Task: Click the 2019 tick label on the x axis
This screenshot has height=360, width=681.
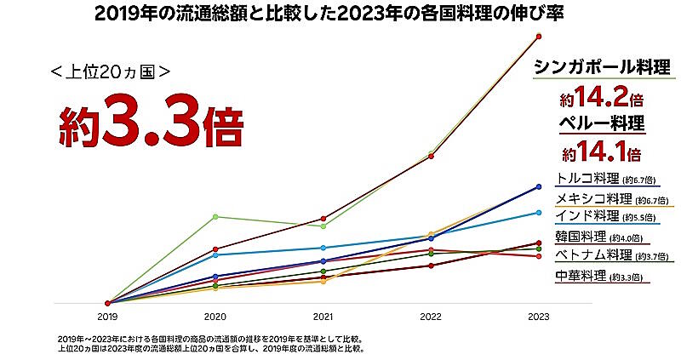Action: pyautogui.click(x=107, y=317)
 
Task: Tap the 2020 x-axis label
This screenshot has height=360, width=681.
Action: pyautogui.click(x=215, y=317)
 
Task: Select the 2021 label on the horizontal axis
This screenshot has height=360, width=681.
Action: pyautogui.click(x=323, y=317)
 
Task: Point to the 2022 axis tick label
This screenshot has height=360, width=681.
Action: pyautogui.click(x=431, y=317)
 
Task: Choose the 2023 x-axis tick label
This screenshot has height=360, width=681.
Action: pyautogui.click(x=539, y=317)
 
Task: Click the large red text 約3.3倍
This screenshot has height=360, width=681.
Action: pyautogui.click(x=151, y=126)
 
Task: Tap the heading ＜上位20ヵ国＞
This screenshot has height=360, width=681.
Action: pyautogui.click(x=111, y=72)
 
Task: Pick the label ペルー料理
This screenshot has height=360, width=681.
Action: pyautogui.click(x=601, y=123)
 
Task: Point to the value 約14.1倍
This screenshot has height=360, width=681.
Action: pyautogui.click(x=600, y=153)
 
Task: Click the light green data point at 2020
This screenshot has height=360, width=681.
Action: pyautogui.click(x=215, y=216)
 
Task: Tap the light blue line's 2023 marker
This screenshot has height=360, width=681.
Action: pyautogui.click(x=539, y=212)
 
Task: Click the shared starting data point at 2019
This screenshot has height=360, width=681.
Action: pyautogui.click(x=107, y=303)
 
